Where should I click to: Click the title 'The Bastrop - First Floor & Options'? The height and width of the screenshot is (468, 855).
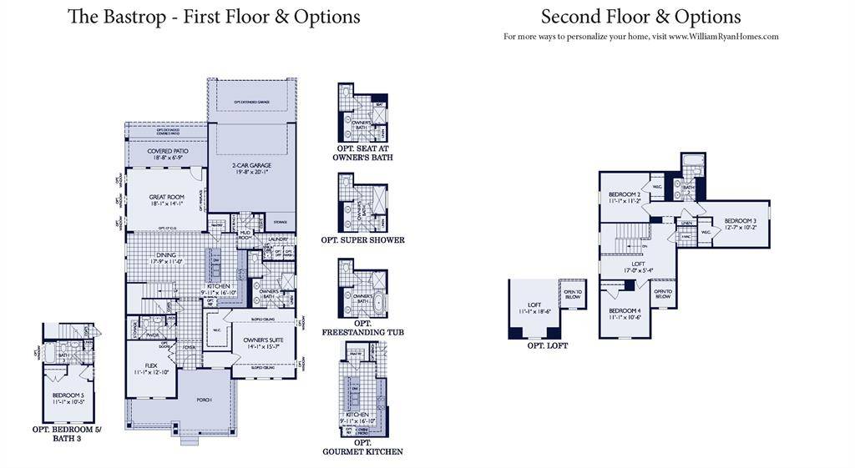click(214, 17)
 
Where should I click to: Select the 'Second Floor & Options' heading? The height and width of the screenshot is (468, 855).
click(640, 17)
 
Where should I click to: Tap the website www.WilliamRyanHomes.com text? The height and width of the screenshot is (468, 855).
click(723, 37)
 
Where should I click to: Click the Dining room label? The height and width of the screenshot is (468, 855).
click(167, 257)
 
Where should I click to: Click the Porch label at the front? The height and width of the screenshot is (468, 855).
click(205, 400)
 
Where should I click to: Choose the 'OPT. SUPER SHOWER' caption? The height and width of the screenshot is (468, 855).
click(362, 240)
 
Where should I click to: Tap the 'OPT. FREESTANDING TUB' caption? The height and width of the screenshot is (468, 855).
click(362, 328)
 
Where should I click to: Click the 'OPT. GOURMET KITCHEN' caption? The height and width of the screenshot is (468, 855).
click(362, 446)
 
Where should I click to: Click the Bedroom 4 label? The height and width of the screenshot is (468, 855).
click(625, 313)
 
